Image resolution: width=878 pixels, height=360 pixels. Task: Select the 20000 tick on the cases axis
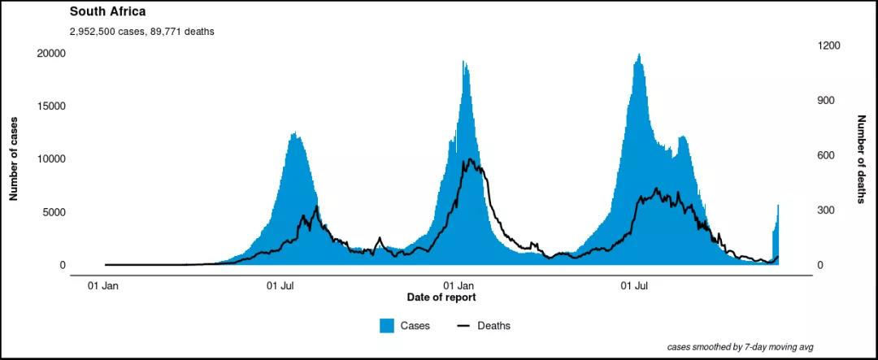(x=51, y=53)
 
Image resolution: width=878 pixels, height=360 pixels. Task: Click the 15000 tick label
(x=51, y=106)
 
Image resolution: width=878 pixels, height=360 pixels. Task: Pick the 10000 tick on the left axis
(x=51, y=158)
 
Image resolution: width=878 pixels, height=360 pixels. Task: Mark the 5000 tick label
(x=54, y=212)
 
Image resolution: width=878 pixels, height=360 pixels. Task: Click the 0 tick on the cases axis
(x=62, y=265)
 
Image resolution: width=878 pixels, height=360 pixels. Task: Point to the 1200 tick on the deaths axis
(x=829, y=46)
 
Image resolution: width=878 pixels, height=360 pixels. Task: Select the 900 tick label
(x=827, y=101)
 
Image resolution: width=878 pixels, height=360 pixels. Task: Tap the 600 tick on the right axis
(x=827, y=155)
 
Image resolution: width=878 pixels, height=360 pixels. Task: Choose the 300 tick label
(x=827, y=210)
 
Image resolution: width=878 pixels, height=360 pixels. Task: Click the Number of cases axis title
(x=14, y=159)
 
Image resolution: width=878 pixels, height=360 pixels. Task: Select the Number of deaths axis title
(x=862, y=159)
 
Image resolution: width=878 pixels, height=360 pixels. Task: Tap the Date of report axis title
(x=441, y=297)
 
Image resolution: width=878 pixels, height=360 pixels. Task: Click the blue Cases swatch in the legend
(x=387, y=326)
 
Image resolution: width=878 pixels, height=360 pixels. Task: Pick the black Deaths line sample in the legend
(x=463, y=326)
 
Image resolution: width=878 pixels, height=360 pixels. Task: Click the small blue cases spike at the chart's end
(x=776, y=236)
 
